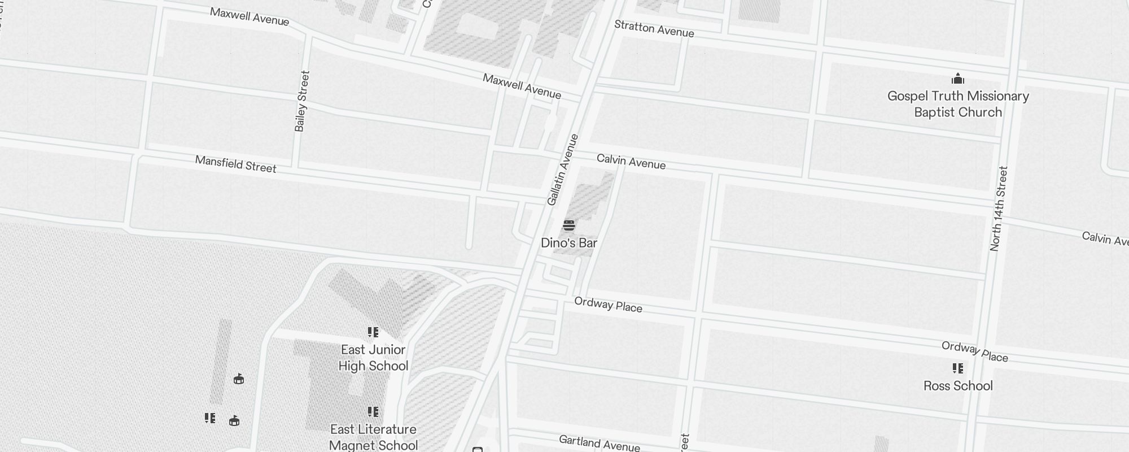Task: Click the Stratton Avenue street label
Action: point(654,28)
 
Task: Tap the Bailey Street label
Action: point(303,101)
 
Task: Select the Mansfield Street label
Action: point(235,164)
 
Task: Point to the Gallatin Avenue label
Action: point(563,169)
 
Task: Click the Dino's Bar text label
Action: point(568,243)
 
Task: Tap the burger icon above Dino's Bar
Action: point(568,226)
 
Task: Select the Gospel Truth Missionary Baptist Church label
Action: point(958,104)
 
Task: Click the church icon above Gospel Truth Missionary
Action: point(958,79)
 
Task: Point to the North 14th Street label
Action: point(999,208)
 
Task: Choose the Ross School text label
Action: point(958,386)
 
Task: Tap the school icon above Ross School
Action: point(958,368)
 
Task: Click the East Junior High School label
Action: point(373,358)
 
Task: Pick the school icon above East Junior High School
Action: point(373,332)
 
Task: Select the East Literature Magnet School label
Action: point(373,437)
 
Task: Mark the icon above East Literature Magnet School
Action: point(373,412)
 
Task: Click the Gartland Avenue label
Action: point(599,444)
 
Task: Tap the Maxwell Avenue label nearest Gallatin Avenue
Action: point(522,86)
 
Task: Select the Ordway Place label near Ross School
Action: point(974,351)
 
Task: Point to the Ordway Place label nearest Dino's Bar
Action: point(608,305)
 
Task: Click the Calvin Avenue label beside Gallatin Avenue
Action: point(631,162)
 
